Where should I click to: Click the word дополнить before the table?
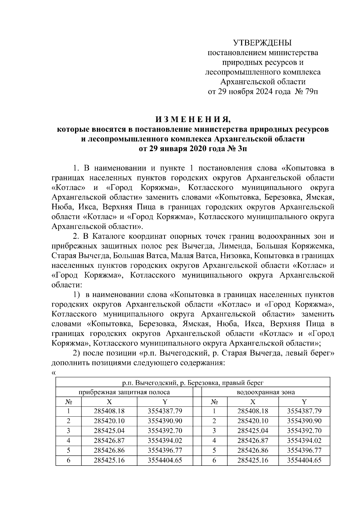coord(70,363)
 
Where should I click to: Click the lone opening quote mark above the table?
coord(54,373)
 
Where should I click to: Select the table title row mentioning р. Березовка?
coord(193,382)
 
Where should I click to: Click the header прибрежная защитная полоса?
coord(124,392)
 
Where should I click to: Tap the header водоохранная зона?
coord(266,392)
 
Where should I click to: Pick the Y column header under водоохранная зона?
coord(304,402)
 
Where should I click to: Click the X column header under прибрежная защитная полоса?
coord(109,402)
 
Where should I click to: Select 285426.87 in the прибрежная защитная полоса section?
coord(109,440)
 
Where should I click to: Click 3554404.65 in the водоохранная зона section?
coord(304,460)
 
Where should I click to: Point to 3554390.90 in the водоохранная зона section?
coord(304,421)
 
